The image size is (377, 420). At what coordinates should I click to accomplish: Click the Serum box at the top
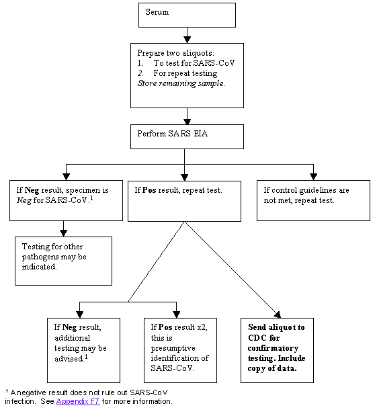tap(187, 15)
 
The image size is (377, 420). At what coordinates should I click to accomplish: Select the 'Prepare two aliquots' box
tap(187, 75)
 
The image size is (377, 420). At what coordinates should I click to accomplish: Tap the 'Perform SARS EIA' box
tap(187, 136)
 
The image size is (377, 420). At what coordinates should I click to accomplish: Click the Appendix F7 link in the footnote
tap(77, 401)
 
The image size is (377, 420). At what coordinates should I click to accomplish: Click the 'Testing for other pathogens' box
tap(63, 260)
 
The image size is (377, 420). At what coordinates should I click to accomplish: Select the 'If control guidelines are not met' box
tap(313, 200)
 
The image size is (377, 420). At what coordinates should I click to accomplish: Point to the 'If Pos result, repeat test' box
tap(184, 200)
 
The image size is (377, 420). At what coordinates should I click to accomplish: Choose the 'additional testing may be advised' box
tap(83, 350)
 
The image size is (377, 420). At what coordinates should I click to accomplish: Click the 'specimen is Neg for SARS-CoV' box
tap(63, 200)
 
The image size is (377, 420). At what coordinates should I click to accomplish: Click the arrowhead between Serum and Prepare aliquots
tap(187, 39)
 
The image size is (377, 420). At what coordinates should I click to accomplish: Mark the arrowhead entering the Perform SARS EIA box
tap(187, 120)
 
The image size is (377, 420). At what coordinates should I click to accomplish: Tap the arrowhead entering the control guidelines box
tap(313, 176)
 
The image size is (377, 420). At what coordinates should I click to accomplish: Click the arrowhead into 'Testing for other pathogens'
tap(63, 233)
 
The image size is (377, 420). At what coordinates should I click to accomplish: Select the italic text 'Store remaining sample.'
tap(181, 83)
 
